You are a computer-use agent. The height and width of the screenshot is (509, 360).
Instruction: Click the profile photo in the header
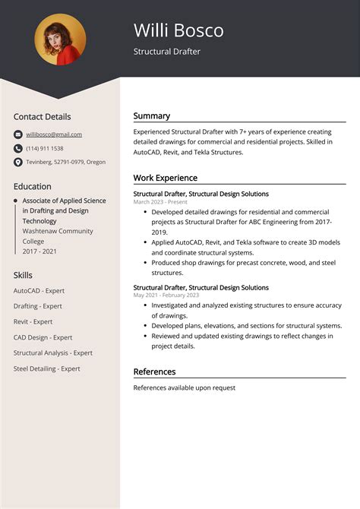click(60, 40)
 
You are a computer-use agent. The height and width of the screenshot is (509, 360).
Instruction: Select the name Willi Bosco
click(178, 30)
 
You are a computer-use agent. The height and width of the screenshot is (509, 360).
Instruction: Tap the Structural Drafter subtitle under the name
click(166, 52)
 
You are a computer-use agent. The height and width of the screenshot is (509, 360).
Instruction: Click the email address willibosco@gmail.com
click(54, 134)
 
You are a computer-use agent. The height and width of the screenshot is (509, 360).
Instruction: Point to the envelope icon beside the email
click(18, 134)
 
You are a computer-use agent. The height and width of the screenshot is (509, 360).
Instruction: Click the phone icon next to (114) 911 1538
click(18, 148)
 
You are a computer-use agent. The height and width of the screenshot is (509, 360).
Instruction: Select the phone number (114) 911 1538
click(45, 148)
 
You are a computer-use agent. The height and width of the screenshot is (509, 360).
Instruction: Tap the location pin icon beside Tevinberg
click(18, 162)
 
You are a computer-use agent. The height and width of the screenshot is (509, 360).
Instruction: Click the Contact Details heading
click(42, 116)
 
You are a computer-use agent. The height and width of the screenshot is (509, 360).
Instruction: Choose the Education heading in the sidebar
click(33, 186)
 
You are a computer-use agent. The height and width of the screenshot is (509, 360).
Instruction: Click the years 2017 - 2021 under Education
click(40, 251)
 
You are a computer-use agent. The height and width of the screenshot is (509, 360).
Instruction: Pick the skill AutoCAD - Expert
click(39, 290)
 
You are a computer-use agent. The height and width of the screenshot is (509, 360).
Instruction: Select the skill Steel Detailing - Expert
click(47, 368)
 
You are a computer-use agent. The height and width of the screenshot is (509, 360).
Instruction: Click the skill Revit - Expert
click(33, 321)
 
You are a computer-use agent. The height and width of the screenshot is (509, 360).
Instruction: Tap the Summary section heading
click(152, 116)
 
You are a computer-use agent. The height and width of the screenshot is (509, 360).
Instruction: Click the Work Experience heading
click(166, 178)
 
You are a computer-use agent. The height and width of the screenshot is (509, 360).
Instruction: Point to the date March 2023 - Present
click(160, 202)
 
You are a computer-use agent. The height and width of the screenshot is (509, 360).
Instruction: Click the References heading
click(154, 371)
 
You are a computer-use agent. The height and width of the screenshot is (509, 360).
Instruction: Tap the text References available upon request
click(185, 387)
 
